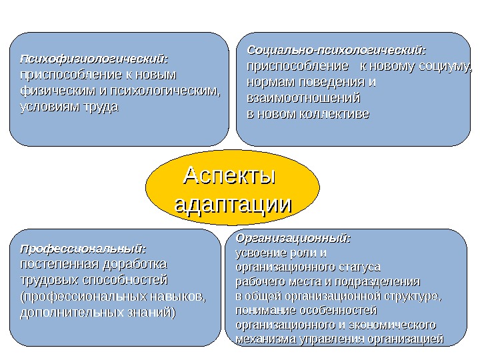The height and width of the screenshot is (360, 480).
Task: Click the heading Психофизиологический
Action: [94, 59]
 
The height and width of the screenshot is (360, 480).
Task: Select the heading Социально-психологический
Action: [337, 51]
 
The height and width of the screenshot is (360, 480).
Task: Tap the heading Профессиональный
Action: [83, 249]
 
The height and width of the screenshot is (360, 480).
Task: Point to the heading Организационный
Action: [293, 238]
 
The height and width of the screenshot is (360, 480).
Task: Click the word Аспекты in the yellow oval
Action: [229, 177]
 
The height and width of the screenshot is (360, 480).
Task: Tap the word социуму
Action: [445, 67]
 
